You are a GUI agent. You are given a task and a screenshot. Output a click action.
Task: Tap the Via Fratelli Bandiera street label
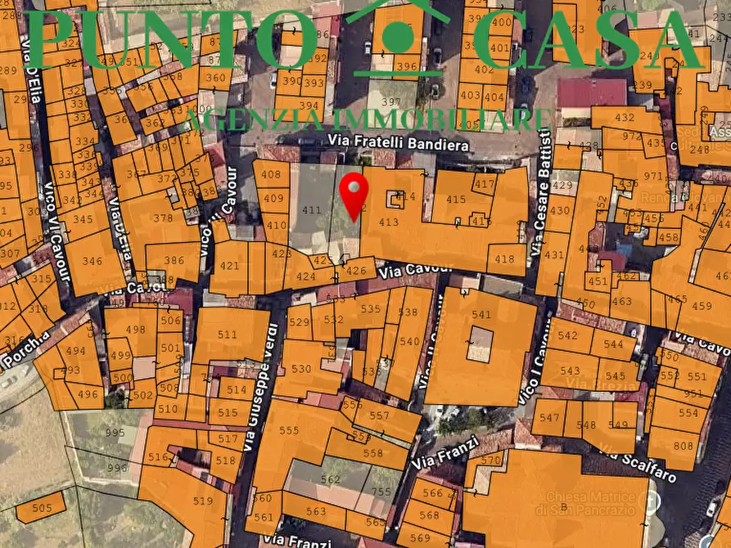click(398, 143)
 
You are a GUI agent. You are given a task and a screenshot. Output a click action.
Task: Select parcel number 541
click(481, 315)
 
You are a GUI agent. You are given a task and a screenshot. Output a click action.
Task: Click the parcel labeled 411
click(311, 210)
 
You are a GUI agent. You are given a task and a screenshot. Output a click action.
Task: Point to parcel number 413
click(388, 222)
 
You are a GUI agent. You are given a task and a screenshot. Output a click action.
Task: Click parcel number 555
click(289, 430)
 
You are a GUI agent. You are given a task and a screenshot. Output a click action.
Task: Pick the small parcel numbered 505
click(41, 508)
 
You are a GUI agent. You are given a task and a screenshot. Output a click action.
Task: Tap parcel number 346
click(92, 262)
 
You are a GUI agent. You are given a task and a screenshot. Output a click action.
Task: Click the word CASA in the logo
click(588, 39)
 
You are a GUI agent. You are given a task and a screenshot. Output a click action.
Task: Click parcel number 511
click(227, 335)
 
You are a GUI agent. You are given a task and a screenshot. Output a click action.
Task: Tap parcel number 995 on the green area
click(115, 433)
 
